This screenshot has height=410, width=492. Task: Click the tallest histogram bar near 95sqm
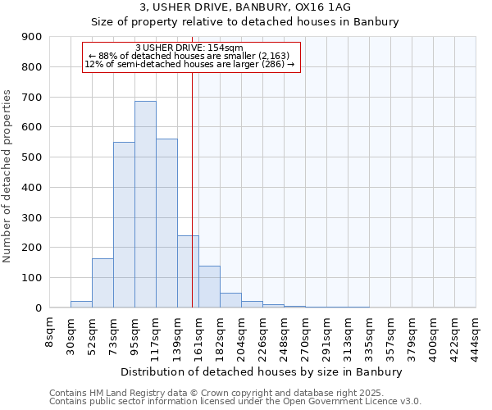tap(145, 204)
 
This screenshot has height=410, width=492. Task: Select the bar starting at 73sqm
tap(124, 225)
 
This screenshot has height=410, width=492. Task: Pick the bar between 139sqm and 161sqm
tap(188, 271)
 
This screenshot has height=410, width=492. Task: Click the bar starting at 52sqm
tap(102, 283)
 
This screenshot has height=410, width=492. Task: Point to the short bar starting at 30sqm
tap(81, 304)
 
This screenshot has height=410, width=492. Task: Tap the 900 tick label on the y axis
tap(32, 37)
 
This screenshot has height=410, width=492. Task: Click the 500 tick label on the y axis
tap(32, 157)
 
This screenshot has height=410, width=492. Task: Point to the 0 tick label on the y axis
tap(39, 307)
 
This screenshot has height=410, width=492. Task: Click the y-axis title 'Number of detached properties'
tap(7, 176)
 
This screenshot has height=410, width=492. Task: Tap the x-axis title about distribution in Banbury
tap(261, 371)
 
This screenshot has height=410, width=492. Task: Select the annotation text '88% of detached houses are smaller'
tap(194, 56)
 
